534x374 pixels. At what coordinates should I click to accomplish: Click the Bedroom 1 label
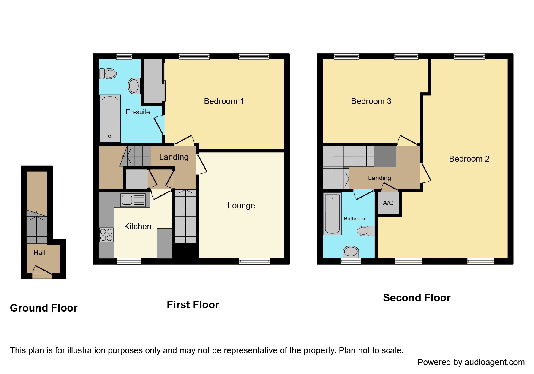pos(224,101)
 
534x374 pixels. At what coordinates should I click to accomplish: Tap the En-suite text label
pos(137,112)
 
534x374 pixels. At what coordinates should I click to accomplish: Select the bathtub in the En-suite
pos(110,118)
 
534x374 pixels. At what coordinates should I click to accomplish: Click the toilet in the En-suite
pos(108,74)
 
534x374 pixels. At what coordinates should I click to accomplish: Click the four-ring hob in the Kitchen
pos(106,235)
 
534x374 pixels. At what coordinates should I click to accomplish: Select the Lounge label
pos(241,206)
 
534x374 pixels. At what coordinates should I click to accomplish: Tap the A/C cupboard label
pos(388,203)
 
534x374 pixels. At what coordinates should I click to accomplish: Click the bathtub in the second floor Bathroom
pos(332,214)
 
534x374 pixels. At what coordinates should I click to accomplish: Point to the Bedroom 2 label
pos(469,159)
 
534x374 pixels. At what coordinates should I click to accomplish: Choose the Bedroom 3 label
pos(371,101)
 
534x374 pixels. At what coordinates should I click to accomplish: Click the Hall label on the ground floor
pos(39,253)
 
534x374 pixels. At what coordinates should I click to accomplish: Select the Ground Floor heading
pos(44,308)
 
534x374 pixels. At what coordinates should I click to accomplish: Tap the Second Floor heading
pos(416,298)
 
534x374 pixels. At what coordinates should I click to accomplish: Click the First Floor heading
pos(193,305)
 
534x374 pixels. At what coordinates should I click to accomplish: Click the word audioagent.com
pos(495,362)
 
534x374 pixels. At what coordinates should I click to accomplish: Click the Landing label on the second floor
pos(379,178)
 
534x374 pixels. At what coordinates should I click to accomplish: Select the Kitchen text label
pos(137,227)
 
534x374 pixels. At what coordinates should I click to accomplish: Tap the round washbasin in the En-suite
pos(134,86)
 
